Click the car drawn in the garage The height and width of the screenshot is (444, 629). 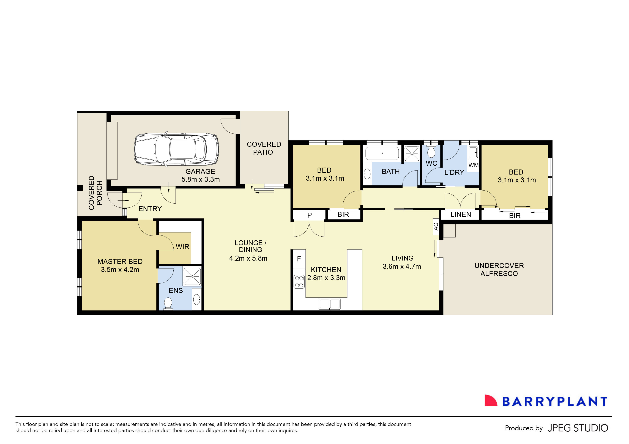tap(176, 149)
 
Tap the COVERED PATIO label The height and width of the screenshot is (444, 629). tap(264, 148)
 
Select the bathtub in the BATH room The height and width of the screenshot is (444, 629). tap(382, 153)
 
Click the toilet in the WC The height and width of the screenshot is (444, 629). tap(431, 152)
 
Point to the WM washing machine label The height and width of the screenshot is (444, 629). tap(473, 165)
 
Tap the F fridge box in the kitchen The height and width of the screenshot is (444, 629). tap(299, 259)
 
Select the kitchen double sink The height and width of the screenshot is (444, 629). tap(330, 304)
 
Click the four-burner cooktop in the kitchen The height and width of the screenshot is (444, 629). tap(299, 282)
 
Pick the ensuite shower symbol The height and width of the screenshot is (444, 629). tap(192, 276)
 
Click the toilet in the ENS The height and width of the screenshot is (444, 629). tap(168, 303)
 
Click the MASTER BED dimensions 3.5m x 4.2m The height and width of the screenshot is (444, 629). tap(120, 270)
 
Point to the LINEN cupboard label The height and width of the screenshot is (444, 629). tap(461, 215)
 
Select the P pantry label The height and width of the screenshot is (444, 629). tap(309, 215)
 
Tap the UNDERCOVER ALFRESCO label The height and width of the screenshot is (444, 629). tap(499, 270)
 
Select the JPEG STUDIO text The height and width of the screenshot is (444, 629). tap(578, 428)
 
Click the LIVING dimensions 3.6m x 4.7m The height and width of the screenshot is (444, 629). tap(402, 266)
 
